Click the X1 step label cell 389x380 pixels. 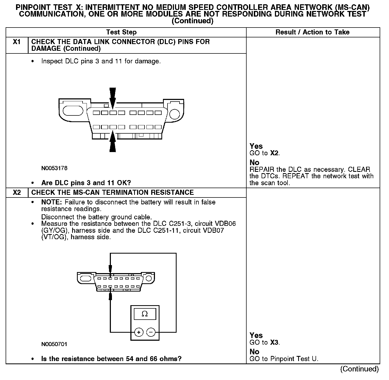17,42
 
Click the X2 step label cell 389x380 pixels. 17,193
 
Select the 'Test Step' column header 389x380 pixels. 121,32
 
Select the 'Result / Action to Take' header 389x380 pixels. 312,32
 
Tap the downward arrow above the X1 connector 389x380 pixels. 113,98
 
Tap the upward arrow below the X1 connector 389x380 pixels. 113,141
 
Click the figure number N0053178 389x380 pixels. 54,168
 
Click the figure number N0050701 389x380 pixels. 54,344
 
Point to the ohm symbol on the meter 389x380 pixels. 145,314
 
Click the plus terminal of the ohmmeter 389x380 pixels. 139,332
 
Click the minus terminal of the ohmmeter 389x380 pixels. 151,332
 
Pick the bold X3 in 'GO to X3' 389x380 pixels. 274,343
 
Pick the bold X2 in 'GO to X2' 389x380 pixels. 274,153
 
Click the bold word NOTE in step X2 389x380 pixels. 52,202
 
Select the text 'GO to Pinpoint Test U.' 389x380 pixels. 284,359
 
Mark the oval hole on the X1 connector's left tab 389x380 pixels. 73,111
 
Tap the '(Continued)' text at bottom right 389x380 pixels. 359,369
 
